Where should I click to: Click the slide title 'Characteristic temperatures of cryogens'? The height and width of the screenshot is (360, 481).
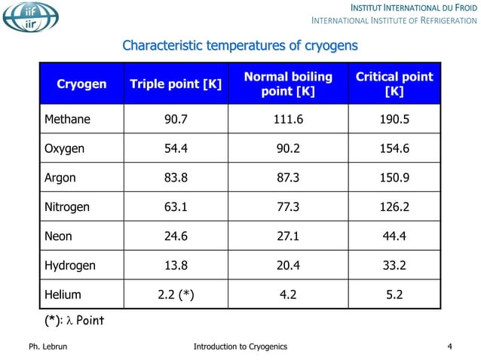pyautogui.click(x=240, y=47)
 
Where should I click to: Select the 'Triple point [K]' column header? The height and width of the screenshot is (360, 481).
pyautogui.click(x=176, y=84)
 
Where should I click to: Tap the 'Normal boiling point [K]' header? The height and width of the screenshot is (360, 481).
pyautogui.click(x=287, y=84)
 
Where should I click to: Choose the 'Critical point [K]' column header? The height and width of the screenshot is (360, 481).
pyautogui.click(x=394, y=84)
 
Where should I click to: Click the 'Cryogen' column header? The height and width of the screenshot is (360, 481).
pyautogui.click(x=81, y=84)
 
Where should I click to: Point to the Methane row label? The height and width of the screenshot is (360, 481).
pyautogui.click(x=67, y=119)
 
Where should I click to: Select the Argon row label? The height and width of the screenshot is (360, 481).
pyautogui.click(x=60, y=178)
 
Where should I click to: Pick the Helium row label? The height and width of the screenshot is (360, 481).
pyautogui.click(x=62, y=295)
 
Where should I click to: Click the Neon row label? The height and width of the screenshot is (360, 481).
pyautogui.click(x=58, y=236)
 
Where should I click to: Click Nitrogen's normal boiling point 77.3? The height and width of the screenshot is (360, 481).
pyautogui.click(x=288, y=207)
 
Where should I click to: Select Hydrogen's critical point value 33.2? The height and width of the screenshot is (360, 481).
pyautogui.click(x=394, y=266)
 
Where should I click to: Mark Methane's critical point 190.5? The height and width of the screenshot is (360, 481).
pyautogui.click(x=394, y=119)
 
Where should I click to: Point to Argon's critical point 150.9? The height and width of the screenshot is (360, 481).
pyautogui.click(x=394, y=178)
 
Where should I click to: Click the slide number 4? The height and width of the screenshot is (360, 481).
pyautogui.click(x=449, y=346)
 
